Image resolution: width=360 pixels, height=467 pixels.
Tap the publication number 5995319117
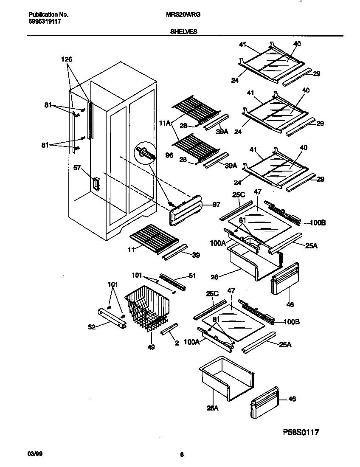41,21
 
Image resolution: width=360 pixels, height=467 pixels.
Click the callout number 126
67,60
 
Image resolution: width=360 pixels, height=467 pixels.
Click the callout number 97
216,205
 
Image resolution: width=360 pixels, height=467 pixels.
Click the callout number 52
92,327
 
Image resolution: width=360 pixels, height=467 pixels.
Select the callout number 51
192,276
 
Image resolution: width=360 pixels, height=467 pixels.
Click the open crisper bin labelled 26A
227,378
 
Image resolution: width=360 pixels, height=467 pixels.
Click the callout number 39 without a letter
195,255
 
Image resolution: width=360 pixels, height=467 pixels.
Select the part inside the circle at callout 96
145,153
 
